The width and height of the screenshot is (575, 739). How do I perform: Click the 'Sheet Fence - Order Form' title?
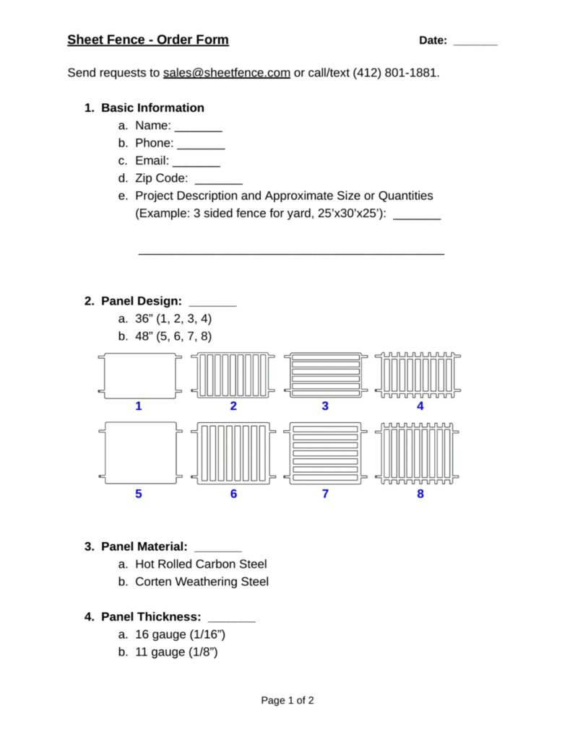point(148,40)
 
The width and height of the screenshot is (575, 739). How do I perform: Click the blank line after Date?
point(475,42)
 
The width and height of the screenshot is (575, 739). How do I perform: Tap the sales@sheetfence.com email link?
point(227,73)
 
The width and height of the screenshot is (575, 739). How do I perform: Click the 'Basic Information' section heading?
point(152,108)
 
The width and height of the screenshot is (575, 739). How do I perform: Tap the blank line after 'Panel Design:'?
point(212,302)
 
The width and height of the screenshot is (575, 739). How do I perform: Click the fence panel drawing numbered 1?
point(139,375)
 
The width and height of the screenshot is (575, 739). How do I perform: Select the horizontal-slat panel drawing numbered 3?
point(325,375)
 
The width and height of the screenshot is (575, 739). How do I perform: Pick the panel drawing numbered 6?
point(233,452)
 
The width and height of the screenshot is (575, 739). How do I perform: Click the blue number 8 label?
point(420,494)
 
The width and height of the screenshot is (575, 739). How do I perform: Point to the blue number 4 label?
point(420,406)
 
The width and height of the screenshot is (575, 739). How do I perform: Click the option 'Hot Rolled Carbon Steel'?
point(201,564)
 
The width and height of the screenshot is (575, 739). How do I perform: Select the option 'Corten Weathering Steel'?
point(202,582)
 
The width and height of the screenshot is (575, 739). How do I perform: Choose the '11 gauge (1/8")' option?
point(176,652)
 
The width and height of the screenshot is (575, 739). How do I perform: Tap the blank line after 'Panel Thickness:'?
point(231,618)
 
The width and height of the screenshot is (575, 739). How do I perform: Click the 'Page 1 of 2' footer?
point(287,700)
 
